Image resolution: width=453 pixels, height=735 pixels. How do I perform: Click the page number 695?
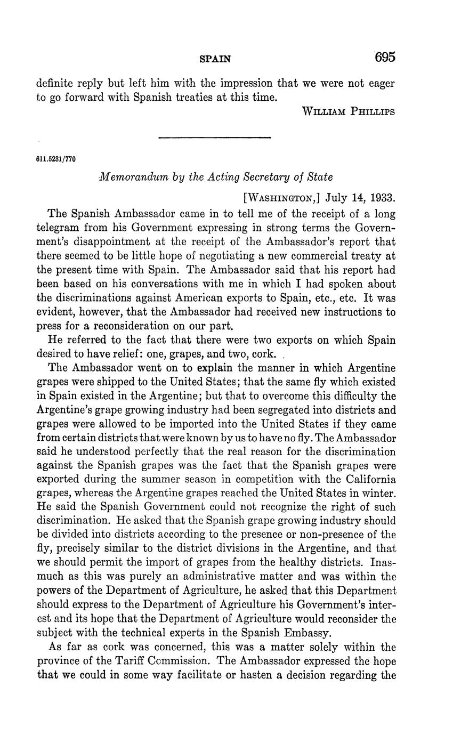coord(385,58)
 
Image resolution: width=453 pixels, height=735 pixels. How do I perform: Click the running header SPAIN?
coord(215,59)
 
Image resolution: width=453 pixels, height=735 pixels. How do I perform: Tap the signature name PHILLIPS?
coord(373,111)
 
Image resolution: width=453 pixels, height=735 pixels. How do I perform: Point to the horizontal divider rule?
coord(215,138)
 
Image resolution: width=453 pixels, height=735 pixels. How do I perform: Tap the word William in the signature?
coord(324,111)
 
